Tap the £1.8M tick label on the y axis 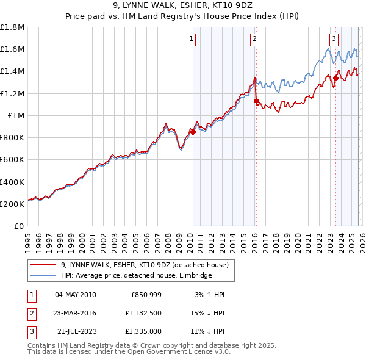tap(12, 27)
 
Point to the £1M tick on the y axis tap(15, 115)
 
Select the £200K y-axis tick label tap(12, 204)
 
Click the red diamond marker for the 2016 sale tap(256, 101)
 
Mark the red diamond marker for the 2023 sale tap(335, 77)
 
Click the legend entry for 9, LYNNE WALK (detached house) tap(145, 265)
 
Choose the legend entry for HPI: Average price tap(135, 276)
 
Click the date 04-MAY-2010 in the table tap(75, 295)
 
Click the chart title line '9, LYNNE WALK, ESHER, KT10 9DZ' tap(183, 7)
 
